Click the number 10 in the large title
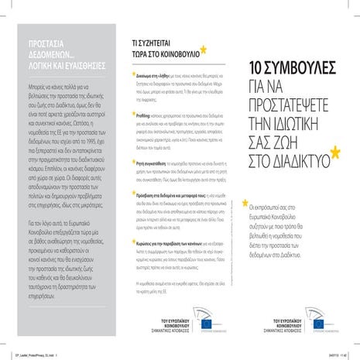tap(259, 68)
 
